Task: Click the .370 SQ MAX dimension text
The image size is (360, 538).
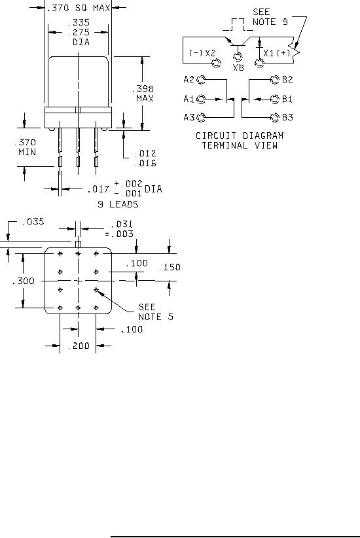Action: (x=79, y=8)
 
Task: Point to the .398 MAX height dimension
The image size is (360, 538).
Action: (x=143, y=94)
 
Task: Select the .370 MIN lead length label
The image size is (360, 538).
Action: (x=25, y=147)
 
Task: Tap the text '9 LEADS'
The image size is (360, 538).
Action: (x=118, y=204)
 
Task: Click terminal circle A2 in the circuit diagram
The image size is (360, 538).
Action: (x=201, y=80)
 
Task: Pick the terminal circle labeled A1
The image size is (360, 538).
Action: (x=201, y=99)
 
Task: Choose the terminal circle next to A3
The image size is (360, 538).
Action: (x=201, y=118)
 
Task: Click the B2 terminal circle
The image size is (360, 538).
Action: (x=275, y=80)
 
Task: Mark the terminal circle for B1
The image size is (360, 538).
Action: (x=275, y=99)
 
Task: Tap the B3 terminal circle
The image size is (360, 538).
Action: (x=275, y=118)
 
